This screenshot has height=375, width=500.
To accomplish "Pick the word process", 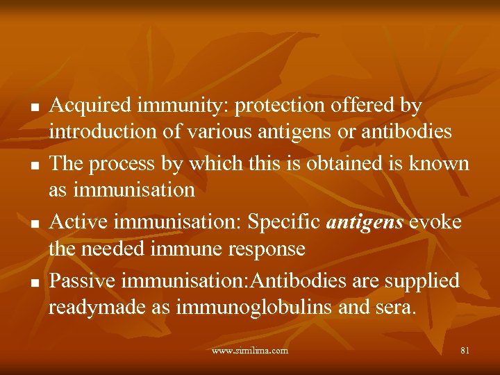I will (127, 165).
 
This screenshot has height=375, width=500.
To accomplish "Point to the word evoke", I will (436, 222).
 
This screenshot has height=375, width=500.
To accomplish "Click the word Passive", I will (82, 281).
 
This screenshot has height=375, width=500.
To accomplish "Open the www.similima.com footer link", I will (250, 351).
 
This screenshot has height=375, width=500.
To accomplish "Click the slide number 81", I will (465, 351).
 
